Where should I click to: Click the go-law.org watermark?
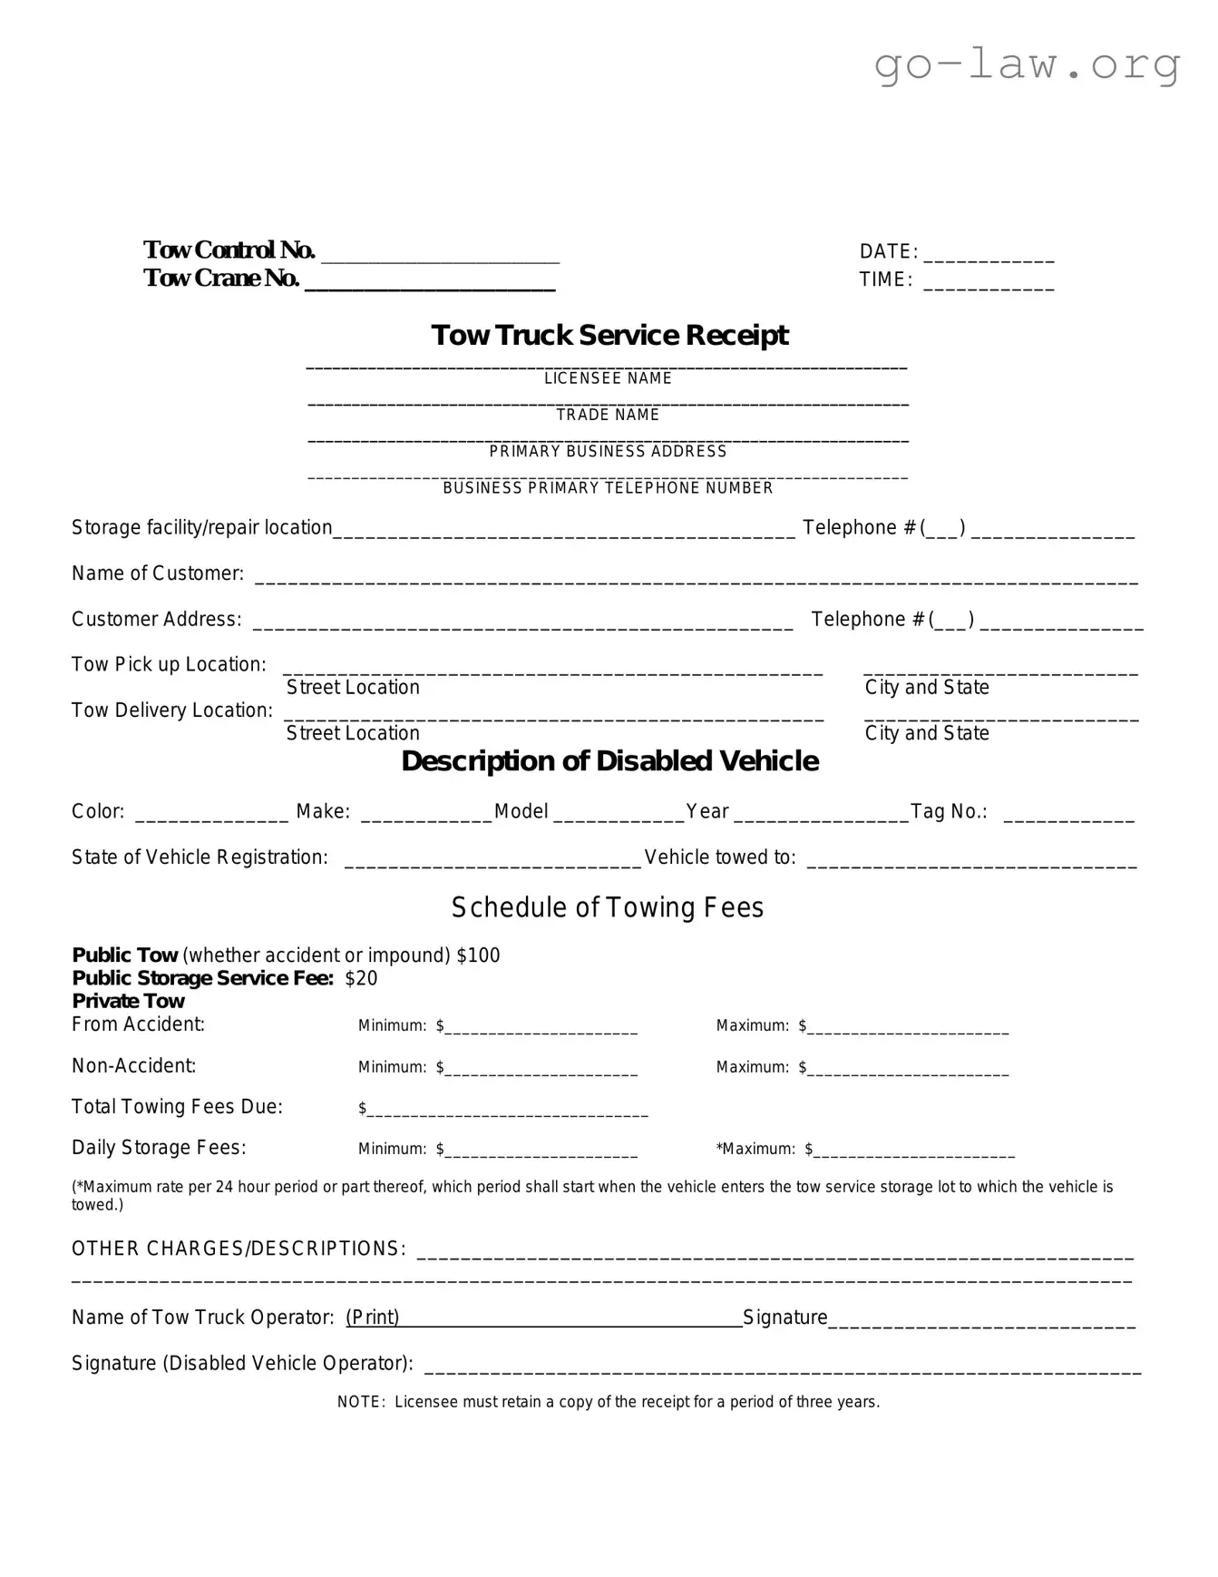click(1027, 64)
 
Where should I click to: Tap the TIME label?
click(885, 279)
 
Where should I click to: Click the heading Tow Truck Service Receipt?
click(609, 335)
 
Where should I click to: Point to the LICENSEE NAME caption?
click(608, 378)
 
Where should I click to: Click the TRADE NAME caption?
click(608, 415)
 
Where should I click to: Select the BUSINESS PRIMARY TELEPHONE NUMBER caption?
click(608, 488)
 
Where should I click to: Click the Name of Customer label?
click(158, 573)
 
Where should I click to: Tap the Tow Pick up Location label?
click(169, 664)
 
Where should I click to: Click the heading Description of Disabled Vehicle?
click(609, 760)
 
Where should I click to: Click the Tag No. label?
click(949, 811)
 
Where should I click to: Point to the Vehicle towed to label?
click(720, 857)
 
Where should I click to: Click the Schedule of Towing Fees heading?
click(608, 907)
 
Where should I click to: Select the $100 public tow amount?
click(478, 955)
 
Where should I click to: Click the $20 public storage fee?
click(361, 978)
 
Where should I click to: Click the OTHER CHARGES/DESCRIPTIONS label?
click(239, 1249)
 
